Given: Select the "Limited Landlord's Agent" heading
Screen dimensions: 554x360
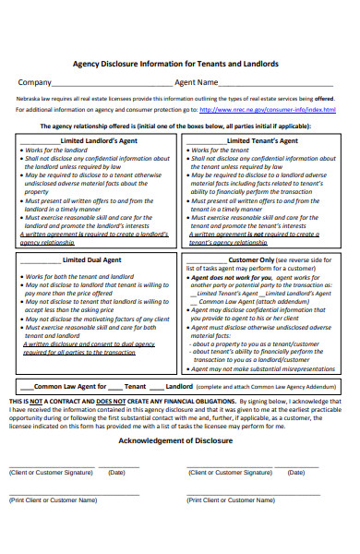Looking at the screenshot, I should click(101, 140).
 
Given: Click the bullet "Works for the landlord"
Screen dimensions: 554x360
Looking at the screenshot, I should click(54, 150).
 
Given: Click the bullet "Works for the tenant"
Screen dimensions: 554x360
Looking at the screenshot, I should click(222, 150).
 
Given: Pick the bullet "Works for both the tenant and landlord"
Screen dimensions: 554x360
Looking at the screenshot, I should click(79, 276).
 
